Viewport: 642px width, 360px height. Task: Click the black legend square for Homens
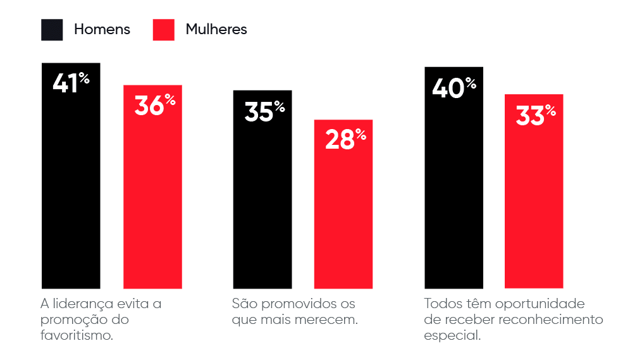52,30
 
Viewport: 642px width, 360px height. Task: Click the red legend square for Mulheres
163,30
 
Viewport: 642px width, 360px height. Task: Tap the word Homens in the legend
102,29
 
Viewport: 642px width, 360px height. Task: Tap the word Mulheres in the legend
216,29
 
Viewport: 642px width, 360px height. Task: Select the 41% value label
71,84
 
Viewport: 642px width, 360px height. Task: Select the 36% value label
154,105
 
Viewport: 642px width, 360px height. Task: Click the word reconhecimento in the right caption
551,320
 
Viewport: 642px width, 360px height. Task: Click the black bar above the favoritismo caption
71,190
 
